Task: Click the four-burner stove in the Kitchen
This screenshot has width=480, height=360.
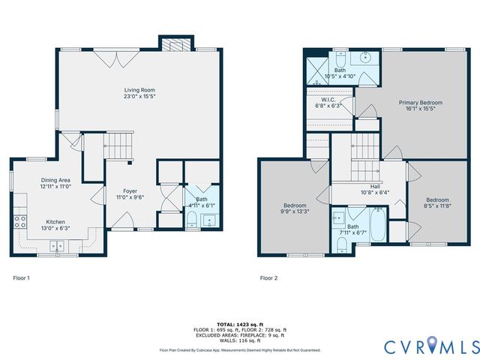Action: [x=19, y=221]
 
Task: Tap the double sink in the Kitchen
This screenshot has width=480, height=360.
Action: [x=58, y=245]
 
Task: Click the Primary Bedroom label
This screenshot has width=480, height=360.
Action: [x=420, y=103]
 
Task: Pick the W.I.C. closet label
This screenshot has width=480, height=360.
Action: [x=328, y=99]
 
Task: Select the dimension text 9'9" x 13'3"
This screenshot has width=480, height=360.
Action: [x=294, y=211]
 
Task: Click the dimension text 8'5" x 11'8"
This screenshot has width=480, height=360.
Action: [x=436, y=205]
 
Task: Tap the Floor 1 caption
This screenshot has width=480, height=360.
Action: [x=22, y=277]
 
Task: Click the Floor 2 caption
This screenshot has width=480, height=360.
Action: [x=268, y=277]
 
